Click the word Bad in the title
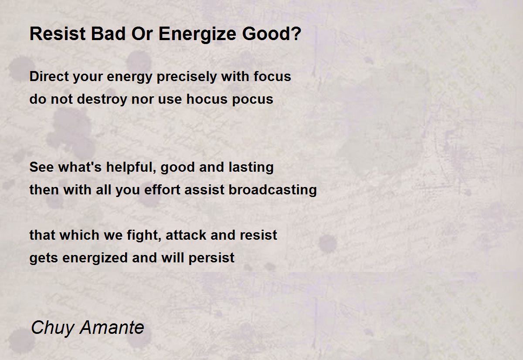(108, 34)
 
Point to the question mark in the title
(296, 34)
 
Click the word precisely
(187, 77)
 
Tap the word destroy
(102, 100)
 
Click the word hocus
(207, 99)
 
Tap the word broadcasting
(272, 190)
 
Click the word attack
(186, 235)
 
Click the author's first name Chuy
(53, 328)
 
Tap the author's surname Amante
(112, 327)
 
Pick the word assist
(204, 190)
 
